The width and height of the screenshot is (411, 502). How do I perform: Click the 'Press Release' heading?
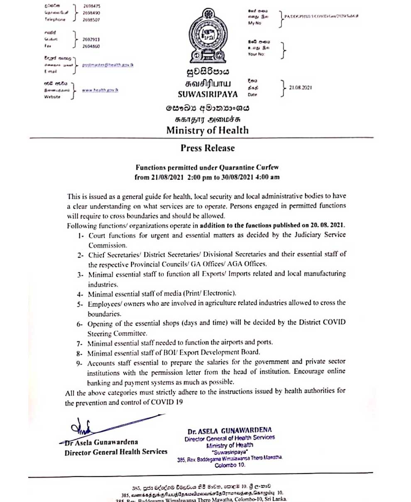pyautogui.click(x=208, y=148)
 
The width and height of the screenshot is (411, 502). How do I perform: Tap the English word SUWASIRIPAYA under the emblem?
pyautogui.click(x=208, y=94)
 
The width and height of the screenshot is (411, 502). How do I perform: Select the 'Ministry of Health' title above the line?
pyautogui.click(x=208, y=130)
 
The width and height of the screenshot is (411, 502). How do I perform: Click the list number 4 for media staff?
pyautogui.click(x=81, y=294)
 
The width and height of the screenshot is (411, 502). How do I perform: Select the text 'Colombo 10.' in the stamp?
pyautogui.click(x=230, y=465)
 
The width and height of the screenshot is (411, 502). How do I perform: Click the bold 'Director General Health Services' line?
pyautogui.click(x=116, y=452)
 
